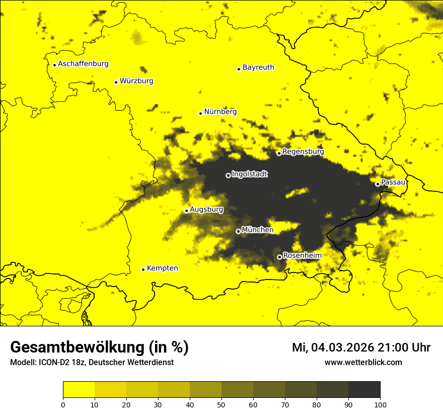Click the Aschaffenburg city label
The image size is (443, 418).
83,64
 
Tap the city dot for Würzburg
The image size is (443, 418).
116,82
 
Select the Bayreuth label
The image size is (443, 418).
258,67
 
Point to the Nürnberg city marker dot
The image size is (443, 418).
200,113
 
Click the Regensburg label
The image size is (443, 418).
303,151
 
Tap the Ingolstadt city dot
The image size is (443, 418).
228,175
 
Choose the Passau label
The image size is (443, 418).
393,182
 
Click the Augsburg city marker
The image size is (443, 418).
186,211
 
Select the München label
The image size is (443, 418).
258,230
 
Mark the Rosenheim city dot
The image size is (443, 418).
279,257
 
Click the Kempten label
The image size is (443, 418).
162,268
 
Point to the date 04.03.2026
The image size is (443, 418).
342,347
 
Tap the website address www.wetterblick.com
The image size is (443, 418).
363,362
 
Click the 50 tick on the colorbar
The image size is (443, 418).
221,404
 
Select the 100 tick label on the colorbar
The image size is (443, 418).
380,404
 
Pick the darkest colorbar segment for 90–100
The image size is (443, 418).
364,390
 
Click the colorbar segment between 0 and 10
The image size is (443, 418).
79,390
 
